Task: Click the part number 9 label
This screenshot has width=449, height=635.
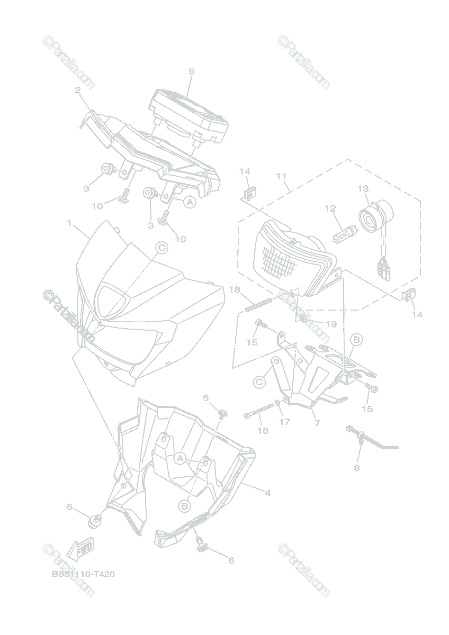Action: [191, 71]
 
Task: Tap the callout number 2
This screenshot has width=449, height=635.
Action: [78, 90]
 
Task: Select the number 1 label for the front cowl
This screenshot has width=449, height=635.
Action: [69, 223]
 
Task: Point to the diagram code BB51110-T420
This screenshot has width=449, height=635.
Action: [84, 574]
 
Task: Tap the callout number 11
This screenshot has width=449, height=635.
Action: [281, 176]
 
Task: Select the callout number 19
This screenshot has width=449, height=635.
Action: [331, 324]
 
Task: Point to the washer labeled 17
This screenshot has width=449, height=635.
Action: [279, 405]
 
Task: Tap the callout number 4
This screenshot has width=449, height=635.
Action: [268, 493]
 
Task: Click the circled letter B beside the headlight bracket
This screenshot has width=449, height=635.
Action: [356, 339]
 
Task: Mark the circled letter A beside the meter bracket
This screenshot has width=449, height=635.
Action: [190, 202]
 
